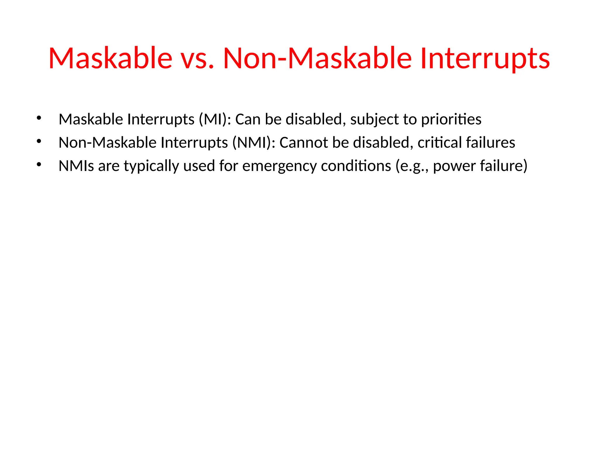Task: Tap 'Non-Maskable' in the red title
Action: (x=317, y=58)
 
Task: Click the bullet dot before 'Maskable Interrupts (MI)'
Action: (x=39, y=118)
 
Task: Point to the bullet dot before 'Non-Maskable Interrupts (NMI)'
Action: (x=39, y=141)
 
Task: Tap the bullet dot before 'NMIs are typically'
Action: (x=39, y=165)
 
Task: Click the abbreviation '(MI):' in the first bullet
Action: (x=215, y=120)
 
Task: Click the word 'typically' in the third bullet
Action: (x=151, y=166)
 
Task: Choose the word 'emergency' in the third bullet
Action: (x=279, y=166)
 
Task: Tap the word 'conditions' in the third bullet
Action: (x=356, y=166)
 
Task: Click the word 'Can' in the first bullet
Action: (x=248, y=120)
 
